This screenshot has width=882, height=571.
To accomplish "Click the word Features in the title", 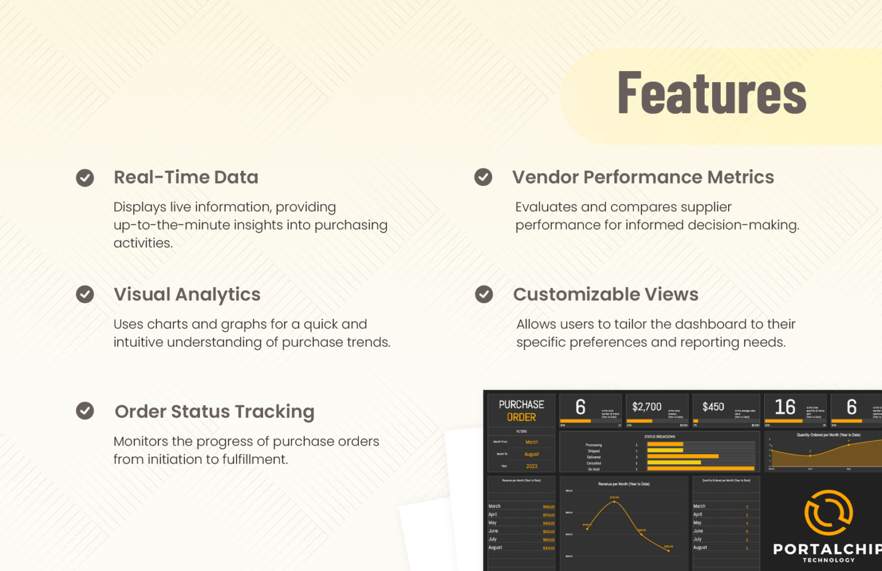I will (711, 93).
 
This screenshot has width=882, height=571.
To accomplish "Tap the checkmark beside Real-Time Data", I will (85, 178).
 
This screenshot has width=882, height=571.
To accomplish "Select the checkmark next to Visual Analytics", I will (85, 294).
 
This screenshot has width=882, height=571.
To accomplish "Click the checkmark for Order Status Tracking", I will (85, 411).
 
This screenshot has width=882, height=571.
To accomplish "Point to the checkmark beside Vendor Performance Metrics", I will (483, 177).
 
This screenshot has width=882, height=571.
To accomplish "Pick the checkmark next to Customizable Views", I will (483, 294).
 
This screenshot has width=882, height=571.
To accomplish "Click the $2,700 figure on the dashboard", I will (647, 407).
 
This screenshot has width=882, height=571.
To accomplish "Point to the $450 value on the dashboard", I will (713, 407).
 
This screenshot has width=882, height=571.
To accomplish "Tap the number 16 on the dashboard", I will (785, 407).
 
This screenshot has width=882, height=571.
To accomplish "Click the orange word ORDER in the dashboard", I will (521, 417).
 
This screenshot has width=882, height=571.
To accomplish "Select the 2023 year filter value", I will (532, 466).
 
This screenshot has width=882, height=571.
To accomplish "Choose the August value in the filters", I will (532, 454).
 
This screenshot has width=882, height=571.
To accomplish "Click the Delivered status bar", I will (683, 457).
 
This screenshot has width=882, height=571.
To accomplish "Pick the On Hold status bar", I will (701, 469).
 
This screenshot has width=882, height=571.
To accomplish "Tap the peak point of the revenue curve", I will (614, 502).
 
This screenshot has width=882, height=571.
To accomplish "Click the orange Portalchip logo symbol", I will (829, 512).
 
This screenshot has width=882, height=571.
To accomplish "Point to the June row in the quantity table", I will (698, 531).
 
